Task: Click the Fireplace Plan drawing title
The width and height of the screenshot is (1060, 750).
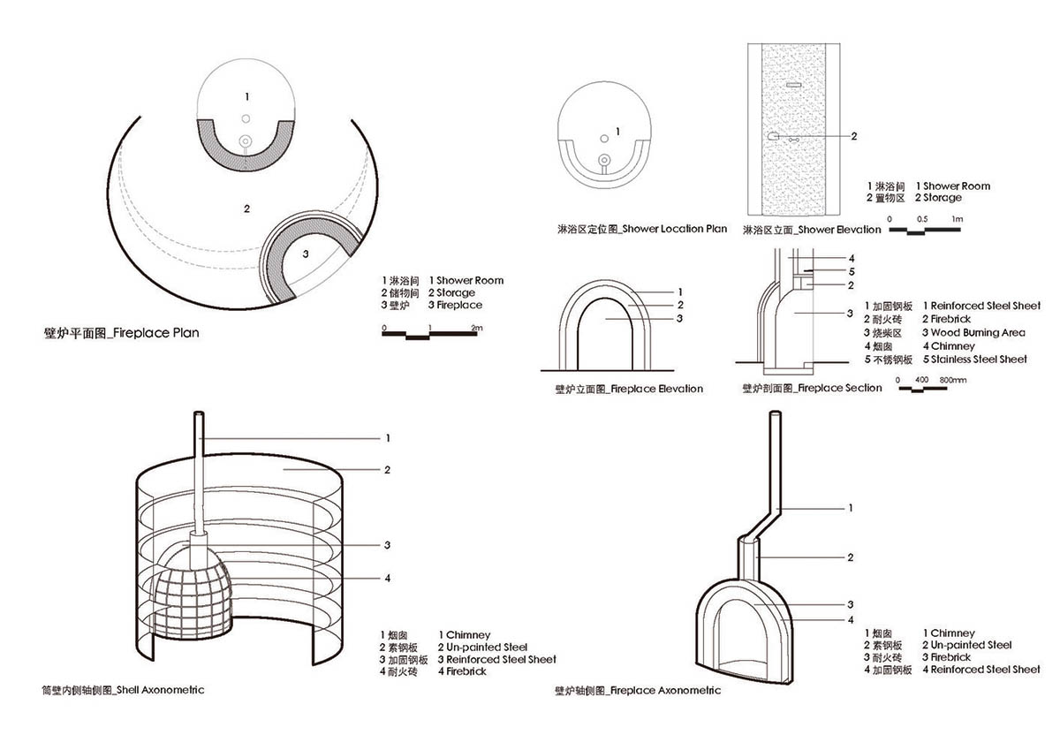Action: pyautogui.click(x=121, y=333)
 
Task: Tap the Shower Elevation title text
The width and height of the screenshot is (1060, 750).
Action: pyautogui.click(x=812, y=230)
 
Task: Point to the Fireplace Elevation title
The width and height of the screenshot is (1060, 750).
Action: pyautogui.click(x=628, y=389)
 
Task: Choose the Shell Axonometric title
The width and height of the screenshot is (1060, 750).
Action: pyautogui.click(x=123, y=689)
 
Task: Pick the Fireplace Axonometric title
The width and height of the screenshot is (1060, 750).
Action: pyautogui.click(x=637, y=691)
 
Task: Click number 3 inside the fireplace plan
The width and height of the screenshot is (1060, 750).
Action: pyautogui.click(x=305, y=254)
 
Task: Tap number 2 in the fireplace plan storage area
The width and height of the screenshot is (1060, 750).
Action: pyautogui.click(x=246, y=209)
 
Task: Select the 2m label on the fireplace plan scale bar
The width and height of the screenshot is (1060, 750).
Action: pyautogui.click(x=477, y=328)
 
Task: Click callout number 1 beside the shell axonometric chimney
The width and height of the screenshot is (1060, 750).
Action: pyautogui.click(x=387, y=438)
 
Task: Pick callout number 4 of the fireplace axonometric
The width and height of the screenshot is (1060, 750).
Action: pyautogui.click(x=850, y=620)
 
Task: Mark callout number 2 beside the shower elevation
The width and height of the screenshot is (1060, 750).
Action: pyautogui.click(x=854, y=137)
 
